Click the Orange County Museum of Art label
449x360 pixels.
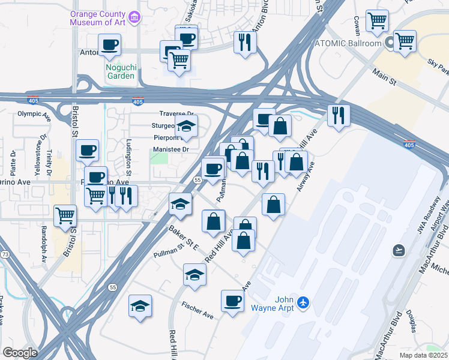pos(100,18)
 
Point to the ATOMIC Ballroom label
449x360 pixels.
pos(349,44)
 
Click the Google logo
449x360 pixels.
pos(19,353)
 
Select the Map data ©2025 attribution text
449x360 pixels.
pos(424,355)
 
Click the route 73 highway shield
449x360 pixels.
pos(5,238)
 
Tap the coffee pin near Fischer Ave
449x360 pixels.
pos(232,301)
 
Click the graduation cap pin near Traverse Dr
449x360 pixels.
pos(186,125)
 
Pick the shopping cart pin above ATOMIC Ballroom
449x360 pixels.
pos(377,22)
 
